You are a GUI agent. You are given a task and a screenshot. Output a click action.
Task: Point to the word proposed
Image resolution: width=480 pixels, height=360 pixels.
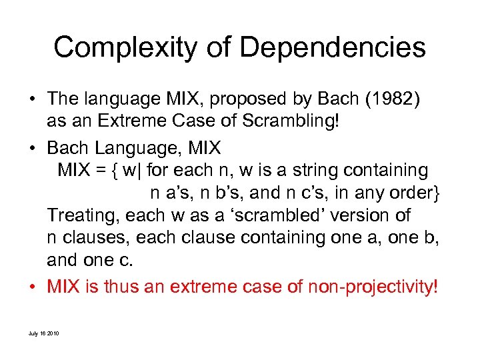point(237,99)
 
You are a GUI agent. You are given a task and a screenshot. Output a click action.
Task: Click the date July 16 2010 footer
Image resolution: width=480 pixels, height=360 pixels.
point(44,333)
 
